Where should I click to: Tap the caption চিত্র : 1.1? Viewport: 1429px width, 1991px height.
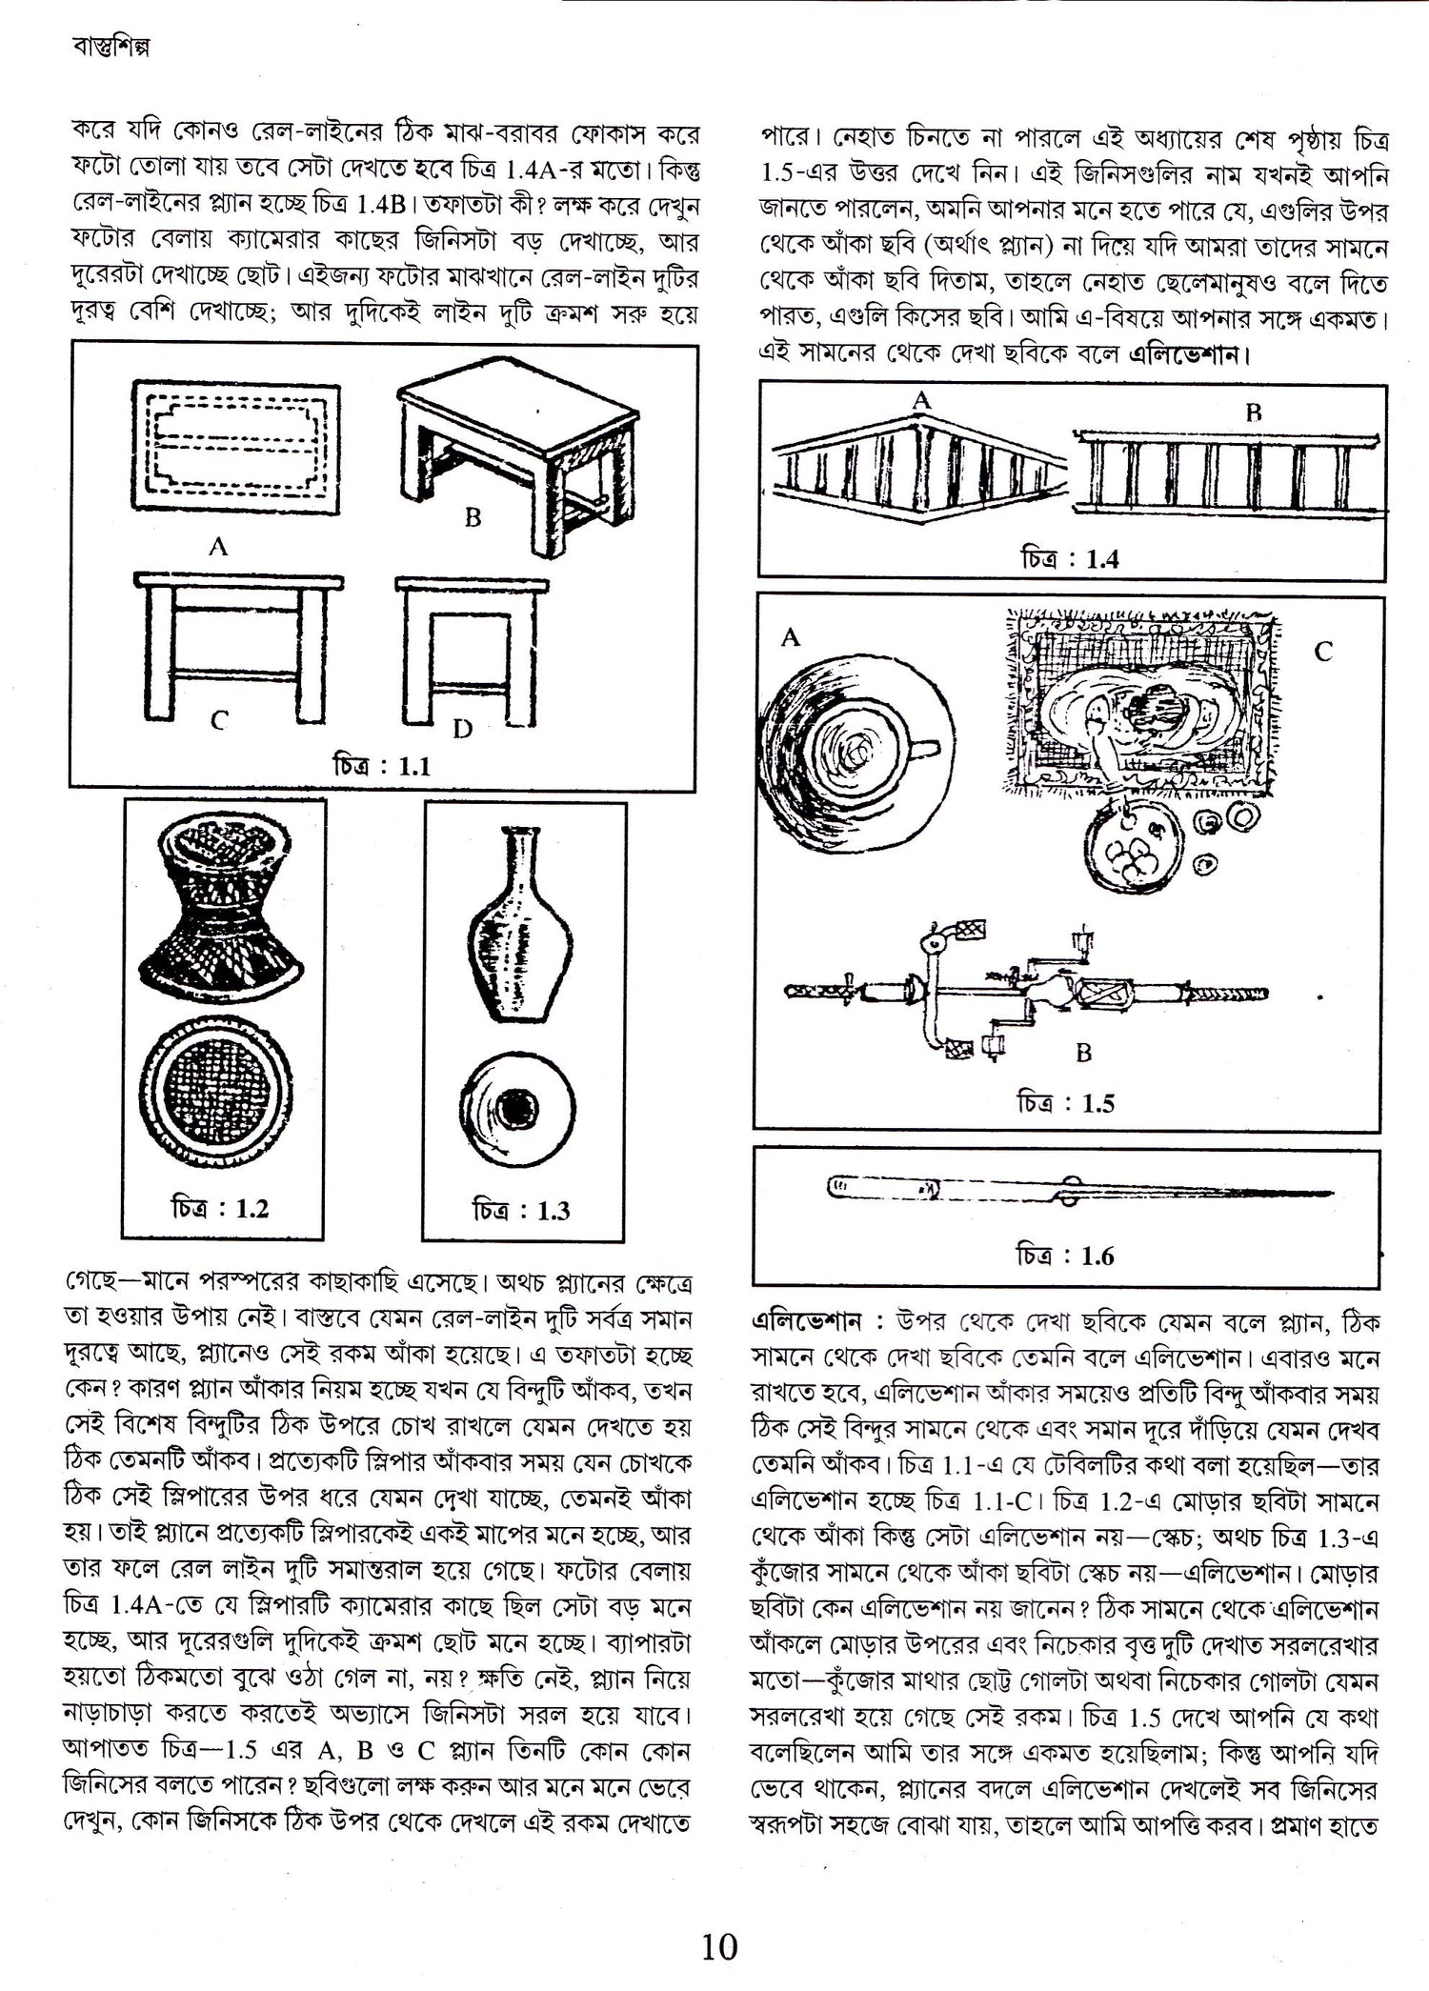(x=381, y=766)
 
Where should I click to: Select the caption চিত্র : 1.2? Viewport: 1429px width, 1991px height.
(x=219, y=1209)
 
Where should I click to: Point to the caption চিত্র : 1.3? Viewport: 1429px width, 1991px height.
(x=520, y=1211)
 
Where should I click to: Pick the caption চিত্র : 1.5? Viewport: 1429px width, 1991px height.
(x=1064, y=1103)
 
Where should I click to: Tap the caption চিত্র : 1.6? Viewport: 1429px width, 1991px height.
(x=1064, y=1256)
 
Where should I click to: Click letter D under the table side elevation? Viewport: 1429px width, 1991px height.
(x=462, y=730)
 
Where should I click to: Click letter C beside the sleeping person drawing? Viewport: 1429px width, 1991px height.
(x=1323, y=652)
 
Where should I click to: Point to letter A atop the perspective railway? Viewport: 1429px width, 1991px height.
(x=920, y=401)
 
